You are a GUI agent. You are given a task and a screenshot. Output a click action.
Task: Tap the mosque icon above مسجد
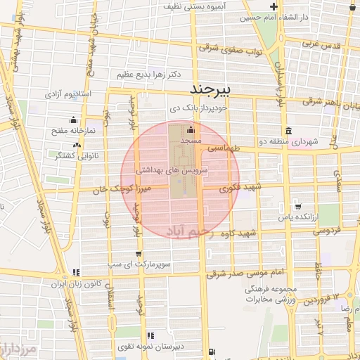(191, 130)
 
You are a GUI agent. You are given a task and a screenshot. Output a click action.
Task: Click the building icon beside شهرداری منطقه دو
(289, 131)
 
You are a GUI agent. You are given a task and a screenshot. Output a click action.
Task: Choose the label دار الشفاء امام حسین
(281, 16)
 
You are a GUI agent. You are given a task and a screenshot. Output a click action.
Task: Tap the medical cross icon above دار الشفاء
(274, 7)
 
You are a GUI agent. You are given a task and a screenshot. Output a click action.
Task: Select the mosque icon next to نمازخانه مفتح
(56, 131)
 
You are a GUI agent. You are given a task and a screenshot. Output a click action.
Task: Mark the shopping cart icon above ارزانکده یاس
(299, 207)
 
